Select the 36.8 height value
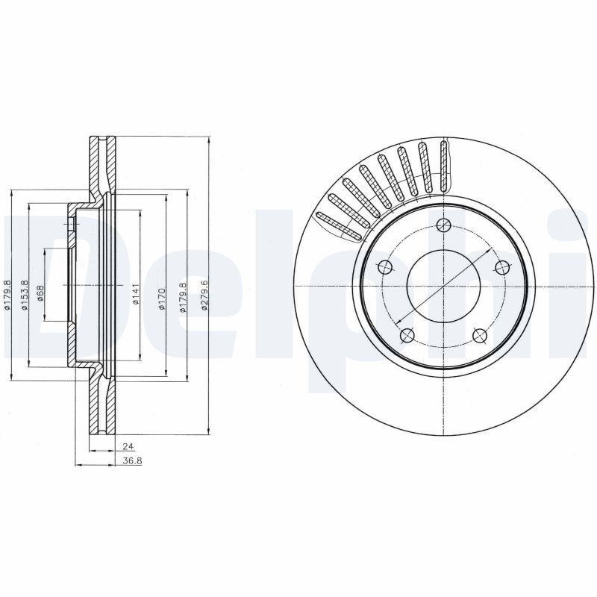(131, 460)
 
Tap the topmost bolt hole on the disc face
(446, 227)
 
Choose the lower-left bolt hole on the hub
(407, 336)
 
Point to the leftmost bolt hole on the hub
(385, 267)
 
